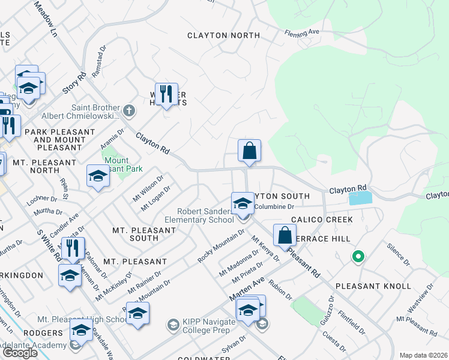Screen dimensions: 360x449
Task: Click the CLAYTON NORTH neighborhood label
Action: [223, 35]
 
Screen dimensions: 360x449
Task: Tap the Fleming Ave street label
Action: [301, 32]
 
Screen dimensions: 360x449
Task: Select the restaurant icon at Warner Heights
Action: [166, 94]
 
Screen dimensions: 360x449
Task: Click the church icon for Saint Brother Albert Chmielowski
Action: [129, 110]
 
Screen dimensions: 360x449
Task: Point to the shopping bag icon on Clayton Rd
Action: [249, 151]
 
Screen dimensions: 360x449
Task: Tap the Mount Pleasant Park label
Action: [123, 165]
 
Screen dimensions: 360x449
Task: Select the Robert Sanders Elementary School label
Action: [205, 215]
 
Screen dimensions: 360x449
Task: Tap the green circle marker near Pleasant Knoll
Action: [358, 257]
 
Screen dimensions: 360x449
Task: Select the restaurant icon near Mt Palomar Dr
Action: [73, 248]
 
